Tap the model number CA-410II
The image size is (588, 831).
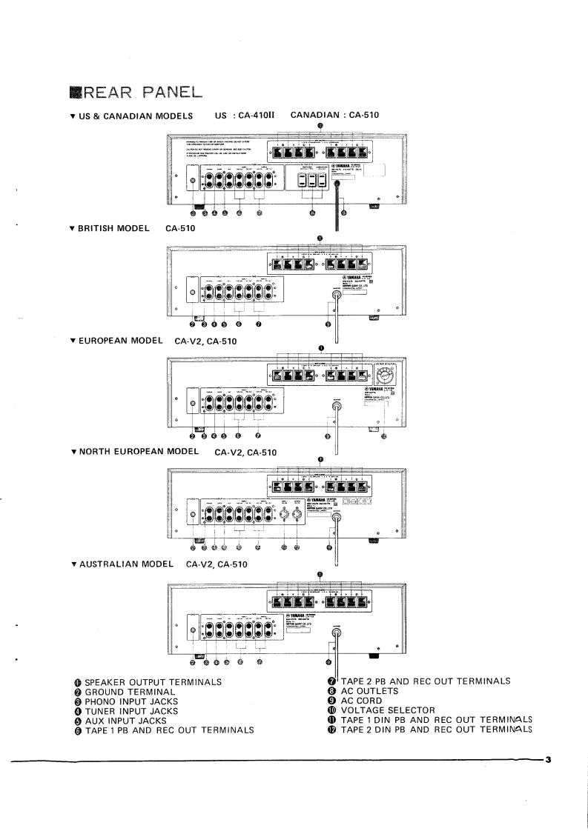point(257,116)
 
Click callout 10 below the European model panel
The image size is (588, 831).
point(383,436)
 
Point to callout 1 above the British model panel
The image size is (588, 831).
point(320,238)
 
